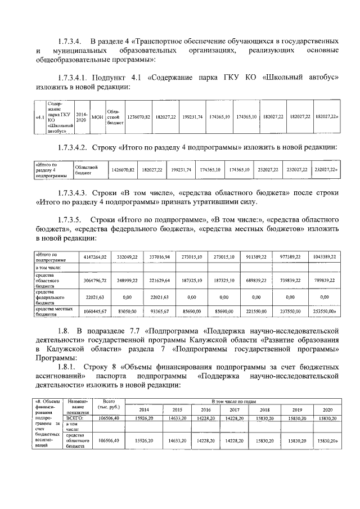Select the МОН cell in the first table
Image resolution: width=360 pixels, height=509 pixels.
(x=97, y=116)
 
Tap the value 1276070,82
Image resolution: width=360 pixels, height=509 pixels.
(x=138, y=116)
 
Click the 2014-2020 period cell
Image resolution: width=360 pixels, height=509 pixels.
(x=82, y=116)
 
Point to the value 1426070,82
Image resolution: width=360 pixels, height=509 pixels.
(x=124, y=169)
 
